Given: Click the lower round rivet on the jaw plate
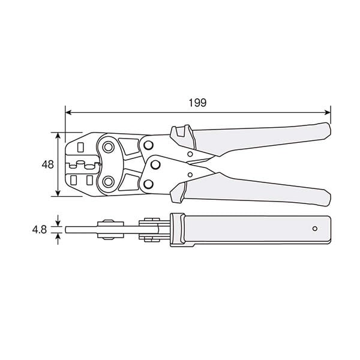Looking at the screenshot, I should coord(109,181).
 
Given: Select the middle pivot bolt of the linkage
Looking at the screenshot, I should coord(155,164).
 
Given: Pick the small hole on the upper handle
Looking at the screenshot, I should coord(190,154).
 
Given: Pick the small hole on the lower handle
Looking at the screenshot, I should coord(190,175).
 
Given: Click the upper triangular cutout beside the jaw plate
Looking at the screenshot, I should coord(127,145).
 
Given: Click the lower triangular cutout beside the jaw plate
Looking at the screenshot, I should coord(127,182).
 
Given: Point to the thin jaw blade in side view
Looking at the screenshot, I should coord(81,229).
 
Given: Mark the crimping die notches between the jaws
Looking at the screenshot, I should coord(80,163).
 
